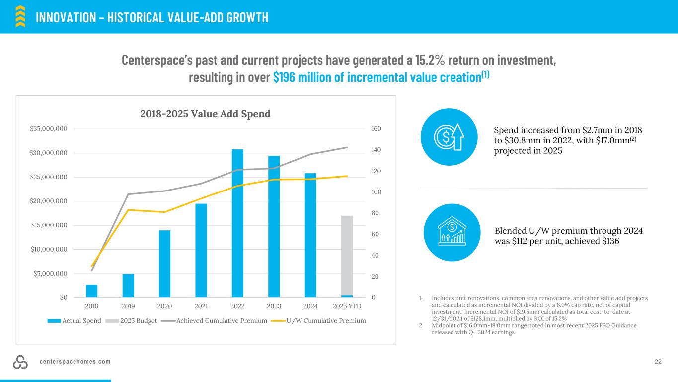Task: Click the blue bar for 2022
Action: tap(237, 223)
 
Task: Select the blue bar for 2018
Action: tap(92, 291)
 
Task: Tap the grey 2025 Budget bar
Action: tap(347, 256)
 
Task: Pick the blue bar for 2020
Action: tap(164, 264)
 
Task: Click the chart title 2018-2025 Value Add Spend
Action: tap(205, 114)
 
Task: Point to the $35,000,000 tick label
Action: tap(49, 129)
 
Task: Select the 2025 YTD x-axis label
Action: tap(347, 306)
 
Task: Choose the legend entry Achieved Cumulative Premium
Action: tap(222, 321)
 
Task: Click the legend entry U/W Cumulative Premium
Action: tap(326, 321)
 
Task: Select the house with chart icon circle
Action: tap(452, 232)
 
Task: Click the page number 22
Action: tap(658, 362)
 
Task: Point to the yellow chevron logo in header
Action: tap(20, 16)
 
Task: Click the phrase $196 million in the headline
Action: tap(310, 78)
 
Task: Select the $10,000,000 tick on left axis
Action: tap(49, 249)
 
